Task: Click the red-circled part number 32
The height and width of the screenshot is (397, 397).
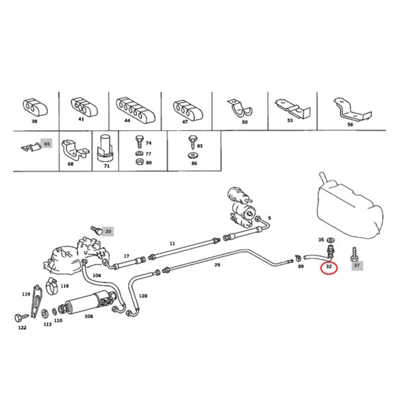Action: tap(329, 267)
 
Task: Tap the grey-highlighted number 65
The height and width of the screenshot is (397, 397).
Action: tap(47, 144)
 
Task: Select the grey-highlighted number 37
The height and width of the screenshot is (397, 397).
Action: tap(357, 265)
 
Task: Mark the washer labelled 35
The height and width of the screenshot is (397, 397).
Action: tap(330, 240)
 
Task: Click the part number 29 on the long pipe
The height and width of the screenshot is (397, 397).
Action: tap(217, 265)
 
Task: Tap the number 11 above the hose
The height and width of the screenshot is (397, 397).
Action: tap(172, 243)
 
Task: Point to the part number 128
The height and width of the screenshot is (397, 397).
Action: tap(143, 296)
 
